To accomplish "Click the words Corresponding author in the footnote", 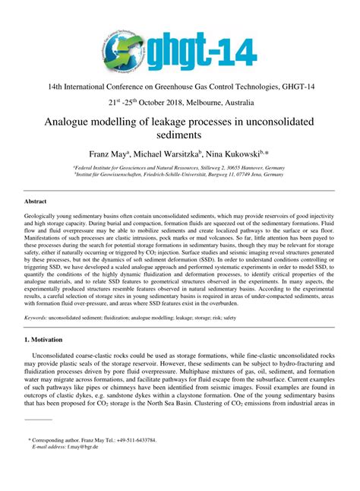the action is (56, 461).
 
